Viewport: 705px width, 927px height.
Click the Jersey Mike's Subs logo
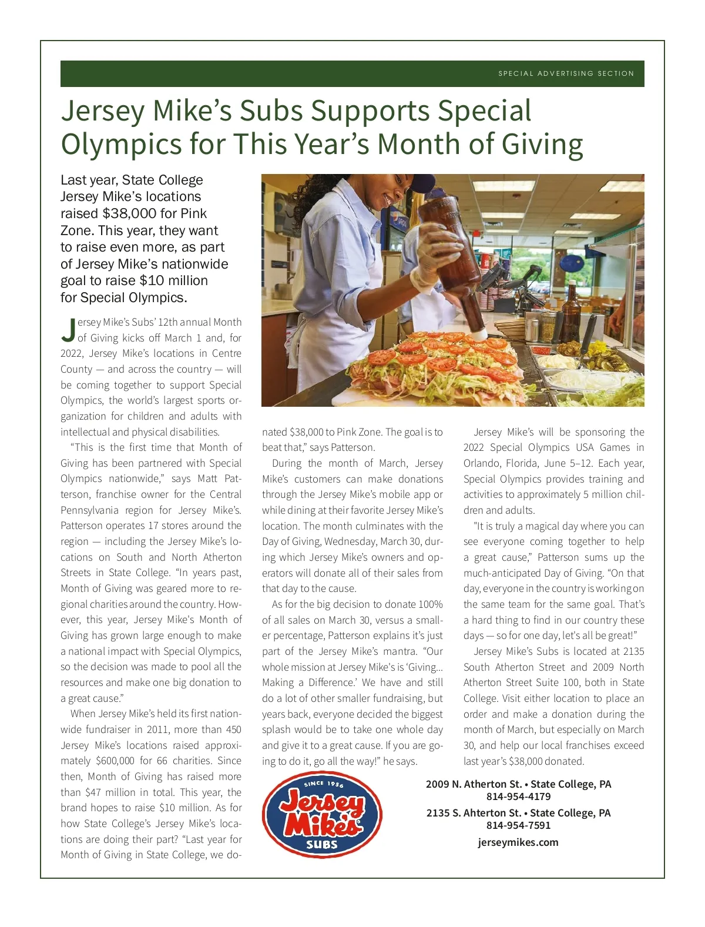click(x=322, y=815)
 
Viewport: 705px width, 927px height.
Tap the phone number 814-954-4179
click(x=518, y=797)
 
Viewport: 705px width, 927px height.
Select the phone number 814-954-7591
click(x=518, y=825)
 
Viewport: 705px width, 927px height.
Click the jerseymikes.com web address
click(x=518, y=842)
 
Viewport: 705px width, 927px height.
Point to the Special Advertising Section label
click(x=566, y=73)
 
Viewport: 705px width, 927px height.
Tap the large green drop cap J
click(x=68, y=330)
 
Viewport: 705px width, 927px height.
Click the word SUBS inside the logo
click(x=321, y=845)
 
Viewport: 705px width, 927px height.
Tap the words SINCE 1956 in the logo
click(x=324, y=784)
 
